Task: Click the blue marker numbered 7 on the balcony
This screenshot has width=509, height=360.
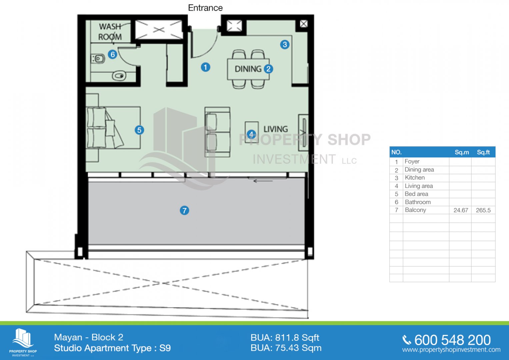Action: point(184,210)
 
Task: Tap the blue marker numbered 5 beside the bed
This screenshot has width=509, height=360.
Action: point(139,130)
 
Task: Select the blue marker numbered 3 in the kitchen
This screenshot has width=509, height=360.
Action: point(285,45)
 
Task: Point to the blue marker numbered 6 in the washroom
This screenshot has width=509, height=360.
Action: point(112,55)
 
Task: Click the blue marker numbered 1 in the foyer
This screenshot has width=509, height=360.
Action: point(205,67)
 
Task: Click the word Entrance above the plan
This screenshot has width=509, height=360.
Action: point(205,8)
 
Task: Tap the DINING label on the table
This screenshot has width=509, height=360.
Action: point(248,69)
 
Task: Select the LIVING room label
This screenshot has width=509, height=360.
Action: point(276,129)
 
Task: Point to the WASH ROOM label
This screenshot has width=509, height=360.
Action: point(110,32)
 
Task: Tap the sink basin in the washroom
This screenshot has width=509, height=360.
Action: point(119,76)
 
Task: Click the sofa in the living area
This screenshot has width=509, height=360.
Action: point(217,132)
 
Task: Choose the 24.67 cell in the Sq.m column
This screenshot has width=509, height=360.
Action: point(461,210)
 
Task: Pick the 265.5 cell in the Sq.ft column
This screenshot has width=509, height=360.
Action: point(483,210)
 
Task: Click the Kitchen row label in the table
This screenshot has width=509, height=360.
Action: point(414,178)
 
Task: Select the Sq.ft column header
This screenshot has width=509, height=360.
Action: point(483,152)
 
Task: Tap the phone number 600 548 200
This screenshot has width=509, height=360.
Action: point(452,340)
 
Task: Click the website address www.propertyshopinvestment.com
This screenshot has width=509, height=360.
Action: point(451,350)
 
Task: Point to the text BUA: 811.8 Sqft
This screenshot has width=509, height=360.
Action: point(285,338)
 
